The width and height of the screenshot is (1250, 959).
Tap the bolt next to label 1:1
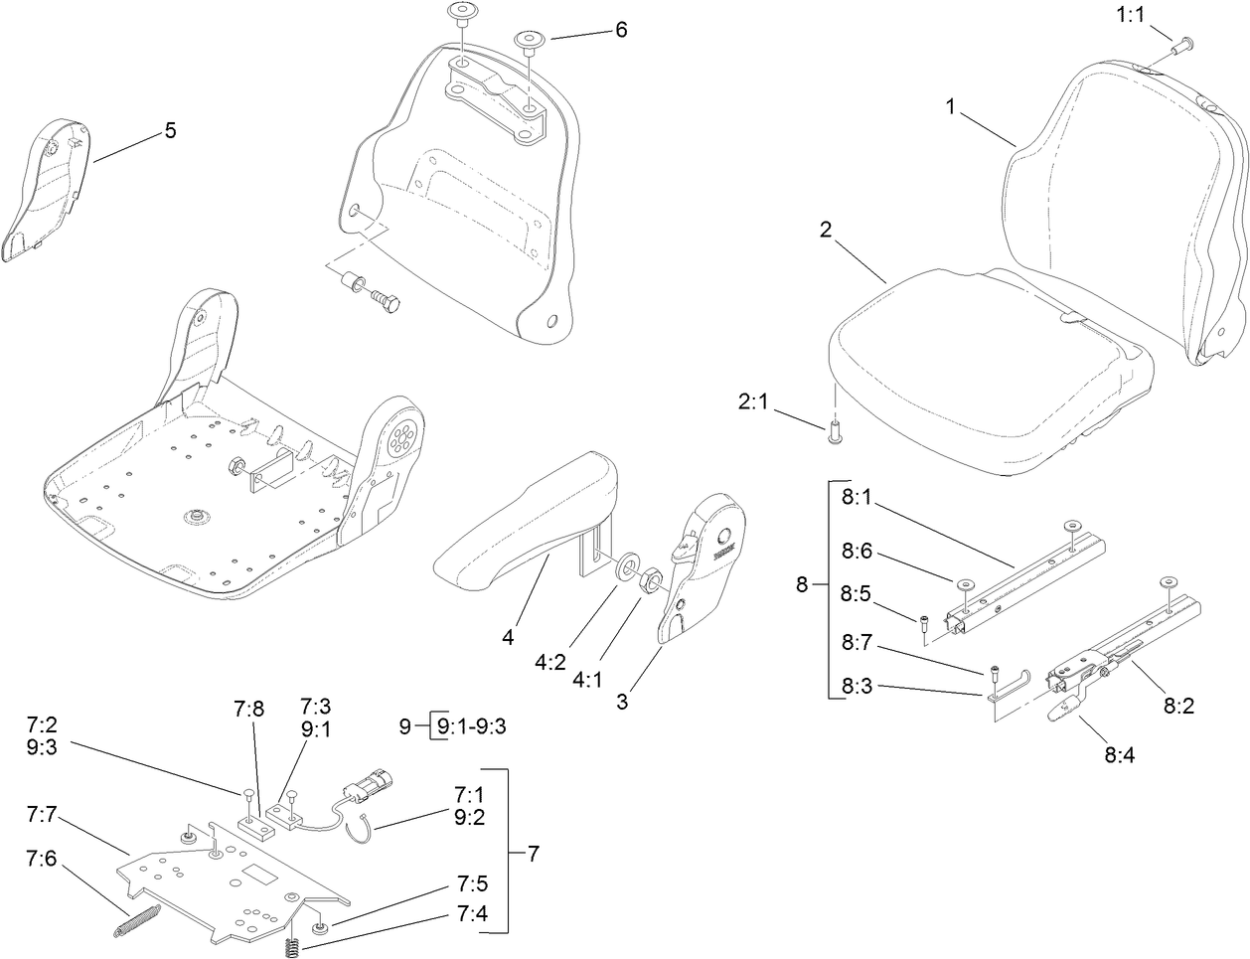click(1184, 45)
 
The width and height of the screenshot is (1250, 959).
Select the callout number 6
click(621, 30)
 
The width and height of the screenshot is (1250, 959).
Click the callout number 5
click(170, 130)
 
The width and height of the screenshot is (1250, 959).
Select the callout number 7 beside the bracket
click(533, 853)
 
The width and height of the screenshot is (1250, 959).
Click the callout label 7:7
click(43, 815)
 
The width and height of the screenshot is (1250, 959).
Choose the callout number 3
click(621, 702)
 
